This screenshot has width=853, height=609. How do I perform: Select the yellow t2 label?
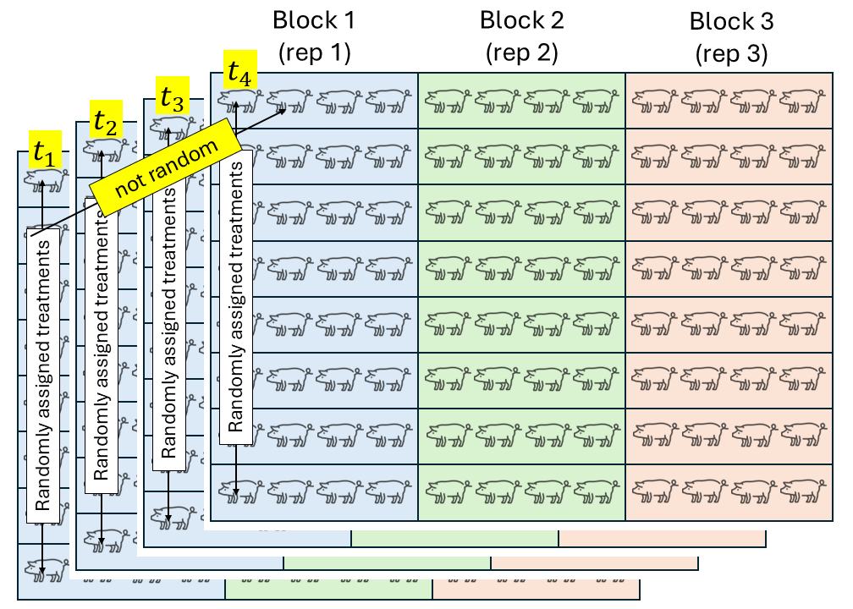coord(106,122)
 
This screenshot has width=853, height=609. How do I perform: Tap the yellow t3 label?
coord(172,96)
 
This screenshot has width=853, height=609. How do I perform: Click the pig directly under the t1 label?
coord(44,179)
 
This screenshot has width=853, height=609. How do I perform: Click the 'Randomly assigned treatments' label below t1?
coord(43,370)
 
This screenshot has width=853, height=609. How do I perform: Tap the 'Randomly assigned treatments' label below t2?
coord(102,347)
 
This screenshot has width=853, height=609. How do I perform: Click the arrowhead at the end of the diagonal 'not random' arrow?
coord(286,108)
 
